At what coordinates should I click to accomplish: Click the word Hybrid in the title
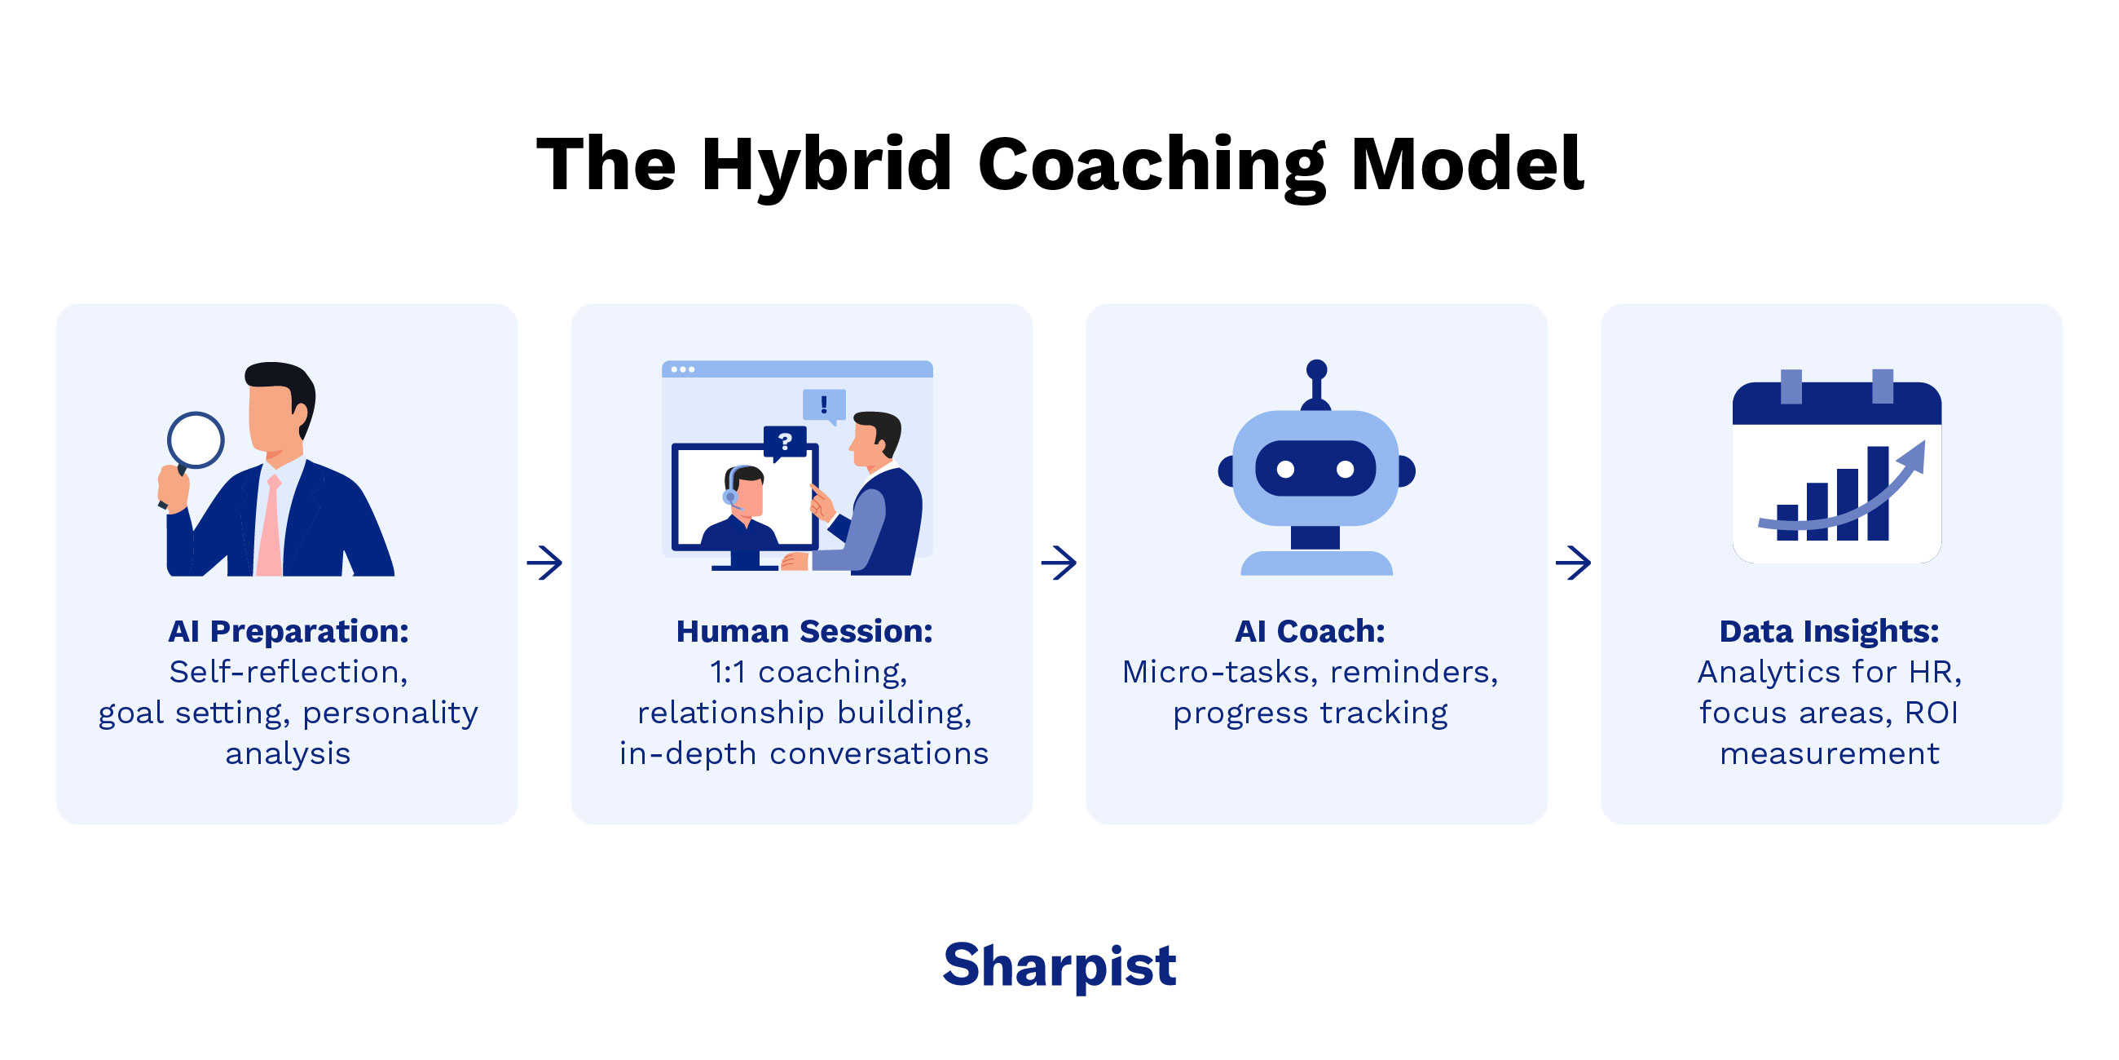pos(826,165)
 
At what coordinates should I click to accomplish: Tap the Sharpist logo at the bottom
pos(1059,965)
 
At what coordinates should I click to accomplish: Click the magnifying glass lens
pos(196,440)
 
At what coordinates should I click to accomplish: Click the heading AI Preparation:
pos(288,631)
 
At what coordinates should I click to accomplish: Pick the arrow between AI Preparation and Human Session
pos(544,563)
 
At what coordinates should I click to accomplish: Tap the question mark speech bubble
pos(785,442)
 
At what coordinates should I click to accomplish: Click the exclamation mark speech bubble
pos(823,404)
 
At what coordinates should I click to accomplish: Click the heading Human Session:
pos(804,631)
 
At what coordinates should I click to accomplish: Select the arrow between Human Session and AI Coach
pos(1059,563)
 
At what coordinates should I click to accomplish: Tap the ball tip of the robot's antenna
pos(1316,369)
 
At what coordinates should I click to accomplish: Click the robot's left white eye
pos(1286,469)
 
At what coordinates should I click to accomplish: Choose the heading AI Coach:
pos(1310,631)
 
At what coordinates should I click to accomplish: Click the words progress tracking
pos(1310,713)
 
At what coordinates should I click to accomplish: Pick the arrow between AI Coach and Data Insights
pos(1573,563)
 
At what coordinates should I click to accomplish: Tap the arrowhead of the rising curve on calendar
pos(1915,457)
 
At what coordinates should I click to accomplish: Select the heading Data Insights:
pos(1829,631)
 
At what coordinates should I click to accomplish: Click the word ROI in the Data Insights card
pos(1931,713)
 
